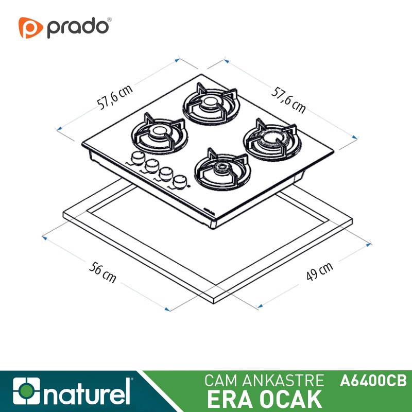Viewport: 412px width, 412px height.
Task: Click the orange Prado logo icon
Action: [30, 27]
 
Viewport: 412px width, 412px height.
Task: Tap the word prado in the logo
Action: [78, 28]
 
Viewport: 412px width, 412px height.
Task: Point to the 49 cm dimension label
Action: [319, 271]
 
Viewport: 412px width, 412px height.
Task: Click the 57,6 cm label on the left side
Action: [115, 97]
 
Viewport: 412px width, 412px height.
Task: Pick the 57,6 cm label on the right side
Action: [288, 100]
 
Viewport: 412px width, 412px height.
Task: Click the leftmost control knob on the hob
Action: [138, 158]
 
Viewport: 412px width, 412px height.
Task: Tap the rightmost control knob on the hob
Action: [179, 182]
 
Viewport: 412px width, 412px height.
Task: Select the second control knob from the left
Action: [151, 166]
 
